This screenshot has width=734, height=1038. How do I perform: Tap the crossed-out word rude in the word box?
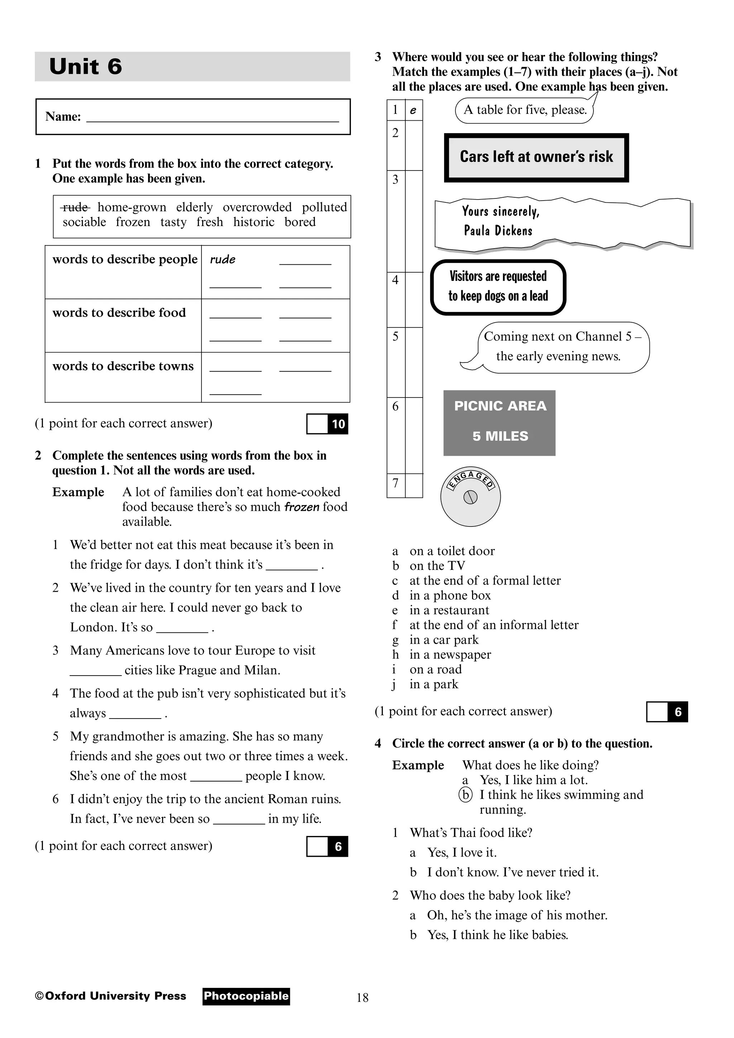75,207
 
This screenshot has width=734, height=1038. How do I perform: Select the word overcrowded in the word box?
257,207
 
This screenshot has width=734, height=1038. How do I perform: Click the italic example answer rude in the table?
223,259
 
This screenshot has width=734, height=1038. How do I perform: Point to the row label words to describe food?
119,312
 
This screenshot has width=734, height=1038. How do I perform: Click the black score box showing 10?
338,424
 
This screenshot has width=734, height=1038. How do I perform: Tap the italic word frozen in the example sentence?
302,507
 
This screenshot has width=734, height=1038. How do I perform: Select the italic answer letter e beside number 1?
413,110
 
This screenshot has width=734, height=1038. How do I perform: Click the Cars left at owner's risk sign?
537,157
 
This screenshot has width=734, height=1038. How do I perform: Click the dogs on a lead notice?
498,287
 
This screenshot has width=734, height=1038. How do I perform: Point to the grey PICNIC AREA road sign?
499,422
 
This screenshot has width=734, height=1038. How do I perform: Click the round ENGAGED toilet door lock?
470,497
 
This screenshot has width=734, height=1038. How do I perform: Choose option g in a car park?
443,640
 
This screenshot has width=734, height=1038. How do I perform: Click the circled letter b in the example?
465,794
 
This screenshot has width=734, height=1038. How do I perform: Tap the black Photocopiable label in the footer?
246,996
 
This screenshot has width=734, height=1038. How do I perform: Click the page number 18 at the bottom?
362,998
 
